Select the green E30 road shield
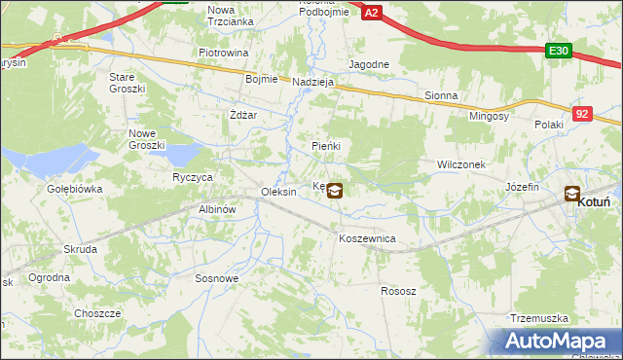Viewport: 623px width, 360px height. tap(558, 51)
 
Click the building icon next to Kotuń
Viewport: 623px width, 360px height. tap(571, 194)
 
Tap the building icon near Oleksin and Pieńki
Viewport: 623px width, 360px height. tap(334, 191)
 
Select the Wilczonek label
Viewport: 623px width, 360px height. tap(461, 165)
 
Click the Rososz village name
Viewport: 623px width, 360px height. tap(398, 291)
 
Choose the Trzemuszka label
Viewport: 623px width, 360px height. tap(538, 318)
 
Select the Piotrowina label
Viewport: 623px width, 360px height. tap(224, 53)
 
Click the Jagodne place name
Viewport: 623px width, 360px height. tap(369, 64)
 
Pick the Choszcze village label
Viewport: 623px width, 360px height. tap(97, 313)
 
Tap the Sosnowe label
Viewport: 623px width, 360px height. tap(217, 278)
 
